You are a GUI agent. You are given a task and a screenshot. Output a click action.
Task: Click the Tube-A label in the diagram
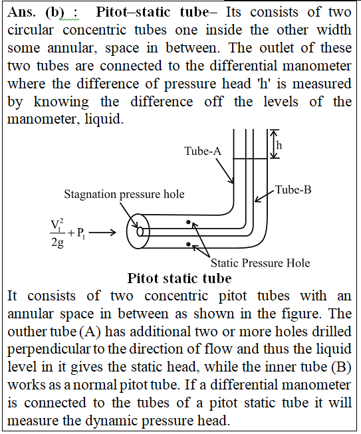coord(203,151)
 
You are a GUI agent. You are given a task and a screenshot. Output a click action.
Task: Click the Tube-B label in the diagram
coord(293,190)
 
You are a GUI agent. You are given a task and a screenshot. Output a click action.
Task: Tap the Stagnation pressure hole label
coord(124,194)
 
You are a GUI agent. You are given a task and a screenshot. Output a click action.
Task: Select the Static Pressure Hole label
coord(260,263)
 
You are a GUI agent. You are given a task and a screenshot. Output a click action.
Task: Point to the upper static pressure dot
coord(188,222)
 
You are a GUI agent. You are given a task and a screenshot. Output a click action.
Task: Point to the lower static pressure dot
coord(188,244)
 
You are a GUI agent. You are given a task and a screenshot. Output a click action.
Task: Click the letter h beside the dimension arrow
coord(279,145)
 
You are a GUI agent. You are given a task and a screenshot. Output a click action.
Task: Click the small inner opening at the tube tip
coord(140,231)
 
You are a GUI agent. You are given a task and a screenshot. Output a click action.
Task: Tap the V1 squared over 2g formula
coord(57,233)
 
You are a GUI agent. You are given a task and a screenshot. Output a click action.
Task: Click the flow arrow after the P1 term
coord(102,233)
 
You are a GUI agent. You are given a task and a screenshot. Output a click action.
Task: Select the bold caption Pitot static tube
coord(180,278)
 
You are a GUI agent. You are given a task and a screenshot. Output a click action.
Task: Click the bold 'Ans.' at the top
coord(21,12)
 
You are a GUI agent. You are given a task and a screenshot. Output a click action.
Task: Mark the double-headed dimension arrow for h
coord(274,144)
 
